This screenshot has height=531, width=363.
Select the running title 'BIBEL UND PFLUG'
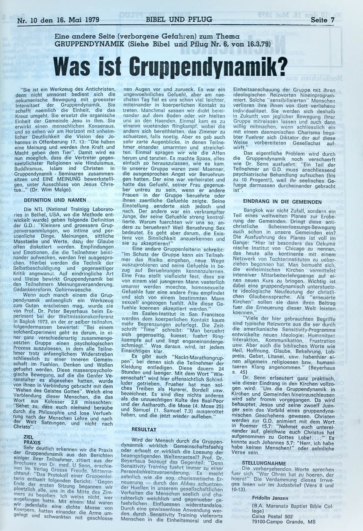179,19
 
